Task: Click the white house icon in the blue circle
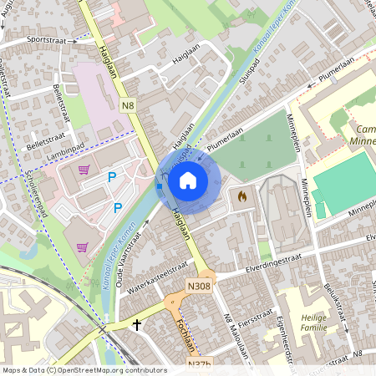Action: (188, 179)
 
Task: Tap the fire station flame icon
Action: (242, 196)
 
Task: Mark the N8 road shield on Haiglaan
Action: (127, 106)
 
